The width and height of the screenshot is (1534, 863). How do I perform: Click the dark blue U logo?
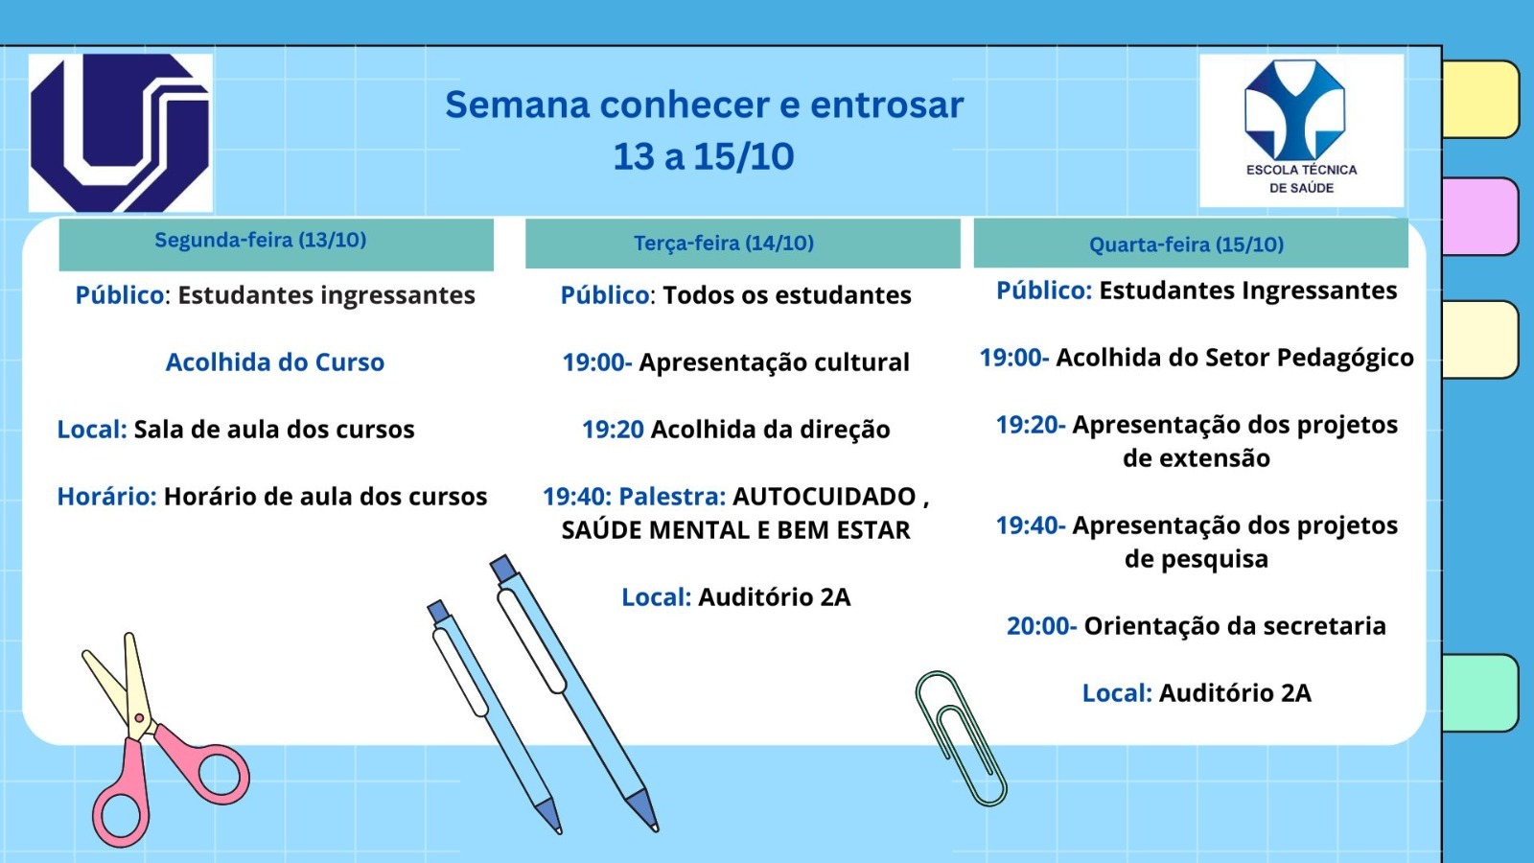(x=121, y=133)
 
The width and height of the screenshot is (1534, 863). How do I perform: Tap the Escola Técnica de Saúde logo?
(x=1301, y=130)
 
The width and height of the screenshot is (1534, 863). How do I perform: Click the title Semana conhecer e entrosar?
(x=704, y=105)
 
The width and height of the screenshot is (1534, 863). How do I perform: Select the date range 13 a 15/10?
(x=704, y=157)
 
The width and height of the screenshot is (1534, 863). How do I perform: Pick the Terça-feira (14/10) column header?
(x=743, y=244)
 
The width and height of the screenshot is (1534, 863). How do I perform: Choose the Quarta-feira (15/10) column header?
(x=1191, y=244)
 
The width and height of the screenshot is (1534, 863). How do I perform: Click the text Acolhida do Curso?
(x=274, y=362)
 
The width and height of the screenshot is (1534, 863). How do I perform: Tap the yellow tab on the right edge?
(x=1480, y=100)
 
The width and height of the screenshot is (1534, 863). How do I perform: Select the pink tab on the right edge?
(x=1480, y=217)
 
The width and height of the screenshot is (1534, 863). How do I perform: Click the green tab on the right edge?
(x=1480, y=693)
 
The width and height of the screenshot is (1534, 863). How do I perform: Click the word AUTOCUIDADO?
(x=824, y=497)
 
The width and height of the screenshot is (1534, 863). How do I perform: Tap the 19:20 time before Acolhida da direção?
(x=613, y=430)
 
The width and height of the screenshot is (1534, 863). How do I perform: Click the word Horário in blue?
(x=106, y=497)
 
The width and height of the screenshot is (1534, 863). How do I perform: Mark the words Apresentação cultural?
(x=774, y=363)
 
